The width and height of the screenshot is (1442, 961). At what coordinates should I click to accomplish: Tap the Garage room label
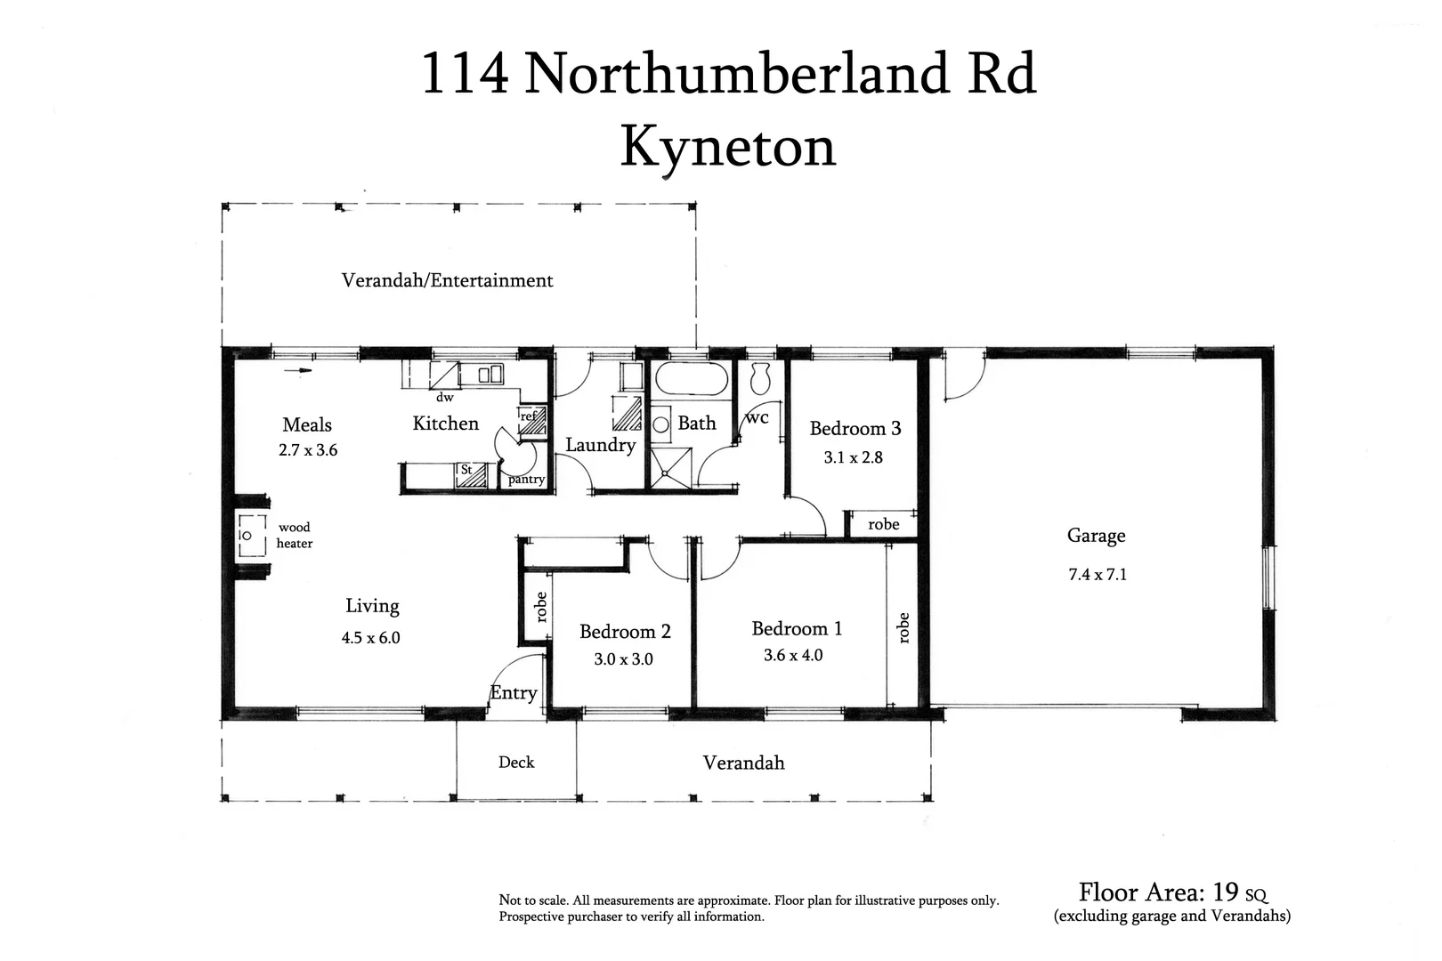(1096, 536)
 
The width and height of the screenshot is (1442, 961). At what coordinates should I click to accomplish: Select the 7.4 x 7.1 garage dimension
(1097, 575)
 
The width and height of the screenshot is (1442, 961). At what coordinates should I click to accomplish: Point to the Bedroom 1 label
(797, 629)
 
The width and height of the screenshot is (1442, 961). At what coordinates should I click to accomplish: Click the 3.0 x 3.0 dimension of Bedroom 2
(623, 659)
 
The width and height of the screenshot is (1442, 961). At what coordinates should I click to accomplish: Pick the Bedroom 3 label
(855, 429)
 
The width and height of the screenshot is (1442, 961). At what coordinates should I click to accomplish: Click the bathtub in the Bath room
(693, 382)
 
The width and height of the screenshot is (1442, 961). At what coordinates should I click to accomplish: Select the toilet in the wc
(760, 380)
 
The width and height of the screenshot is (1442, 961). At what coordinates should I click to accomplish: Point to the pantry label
(526, 480)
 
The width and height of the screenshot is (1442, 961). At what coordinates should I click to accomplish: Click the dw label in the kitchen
(444, 398)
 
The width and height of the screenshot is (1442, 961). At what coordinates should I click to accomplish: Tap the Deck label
(516, 763)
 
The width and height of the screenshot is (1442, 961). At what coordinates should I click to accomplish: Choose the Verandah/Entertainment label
(447, 281)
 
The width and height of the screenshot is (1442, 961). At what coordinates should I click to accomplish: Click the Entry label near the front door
(514, 693)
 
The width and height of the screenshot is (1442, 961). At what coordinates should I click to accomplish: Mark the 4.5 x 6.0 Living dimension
(370, 638)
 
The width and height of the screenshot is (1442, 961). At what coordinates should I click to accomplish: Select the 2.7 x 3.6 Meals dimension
(308, 450)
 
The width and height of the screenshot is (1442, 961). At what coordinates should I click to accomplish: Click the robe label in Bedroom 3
(883, 525)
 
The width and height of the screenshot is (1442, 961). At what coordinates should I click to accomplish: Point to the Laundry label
(600, 445)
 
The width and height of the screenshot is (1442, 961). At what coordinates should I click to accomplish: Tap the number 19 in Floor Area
(1226, 892)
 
